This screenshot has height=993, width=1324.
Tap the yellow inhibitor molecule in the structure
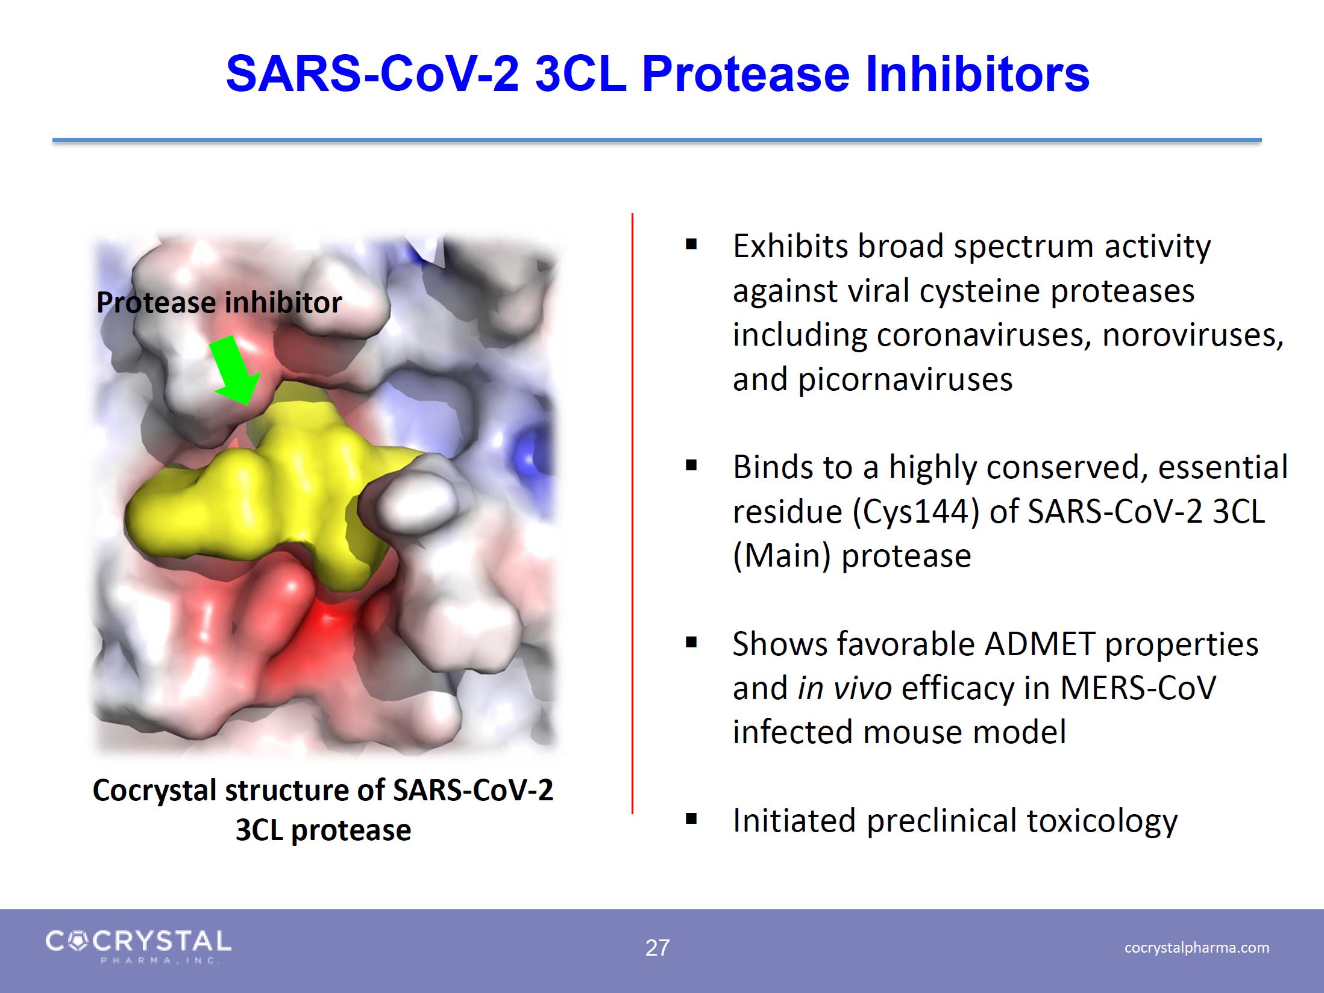tap(271, 494)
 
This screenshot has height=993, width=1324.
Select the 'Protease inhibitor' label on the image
tap(219, 302)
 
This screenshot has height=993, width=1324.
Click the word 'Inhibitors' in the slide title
tap(977, 74)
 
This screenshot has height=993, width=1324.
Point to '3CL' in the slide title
tap(580, 74)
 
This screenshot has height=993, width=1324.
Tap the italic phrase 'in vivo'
tap(844, 688)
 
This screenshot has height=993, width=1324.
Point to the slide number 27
tap(657, 948)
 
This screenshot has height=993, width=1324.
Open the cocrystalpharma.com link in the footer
tap(1196, 948)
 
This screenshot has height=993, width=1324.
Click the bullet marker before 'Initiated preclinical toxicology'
tap(691, 819)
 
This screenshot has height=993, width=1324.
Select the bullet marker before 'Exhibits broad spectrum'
tap(691, 244)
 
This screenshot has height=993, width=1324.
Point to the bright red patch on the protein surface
tap(328, 623)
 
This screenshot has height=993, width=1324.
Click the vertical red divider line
tap(632, 514)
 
